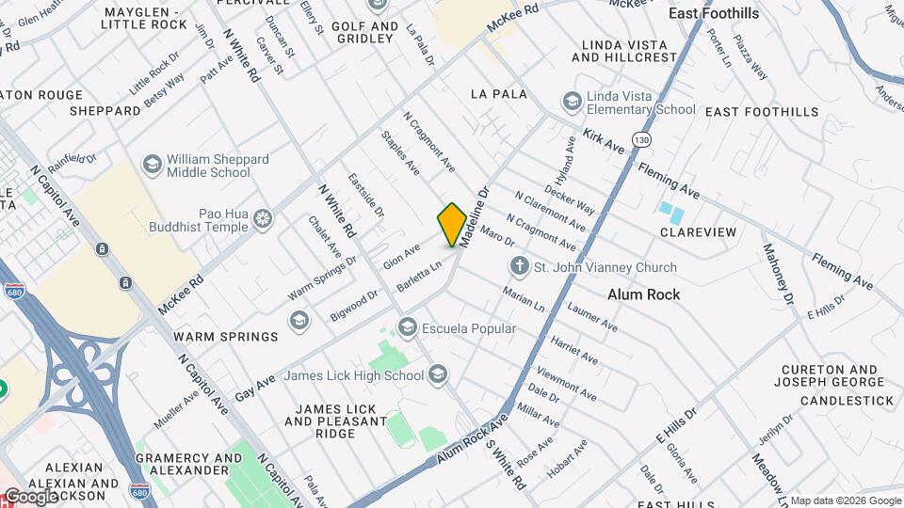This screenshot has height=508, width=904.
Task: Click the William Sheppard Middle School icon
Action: tap(152, 166)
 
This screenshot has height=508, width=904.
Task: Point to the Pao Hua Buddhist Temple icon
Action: tap(264, 221)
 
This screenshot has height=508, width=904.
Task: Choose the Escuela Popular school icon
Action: tap(408, 328)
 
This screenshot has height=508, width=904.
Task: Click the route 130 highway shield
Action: tap(642, 139)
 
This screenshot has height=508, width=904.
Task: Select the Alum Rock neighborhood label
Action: tap(643, 294)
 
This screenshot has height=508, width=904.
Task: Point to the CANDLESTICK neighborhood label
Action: tap(847, 401)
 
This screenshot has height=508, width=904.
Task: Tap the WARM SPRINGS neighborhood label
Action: tap(226, 337)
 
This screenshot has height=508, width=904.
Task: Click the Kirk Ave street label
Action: tap(604, 142)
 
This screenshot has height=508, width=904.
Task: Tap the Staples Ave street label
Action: tap(400, 152)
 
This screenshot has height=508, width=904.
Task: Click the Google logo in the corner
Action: tap(30, 496)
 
